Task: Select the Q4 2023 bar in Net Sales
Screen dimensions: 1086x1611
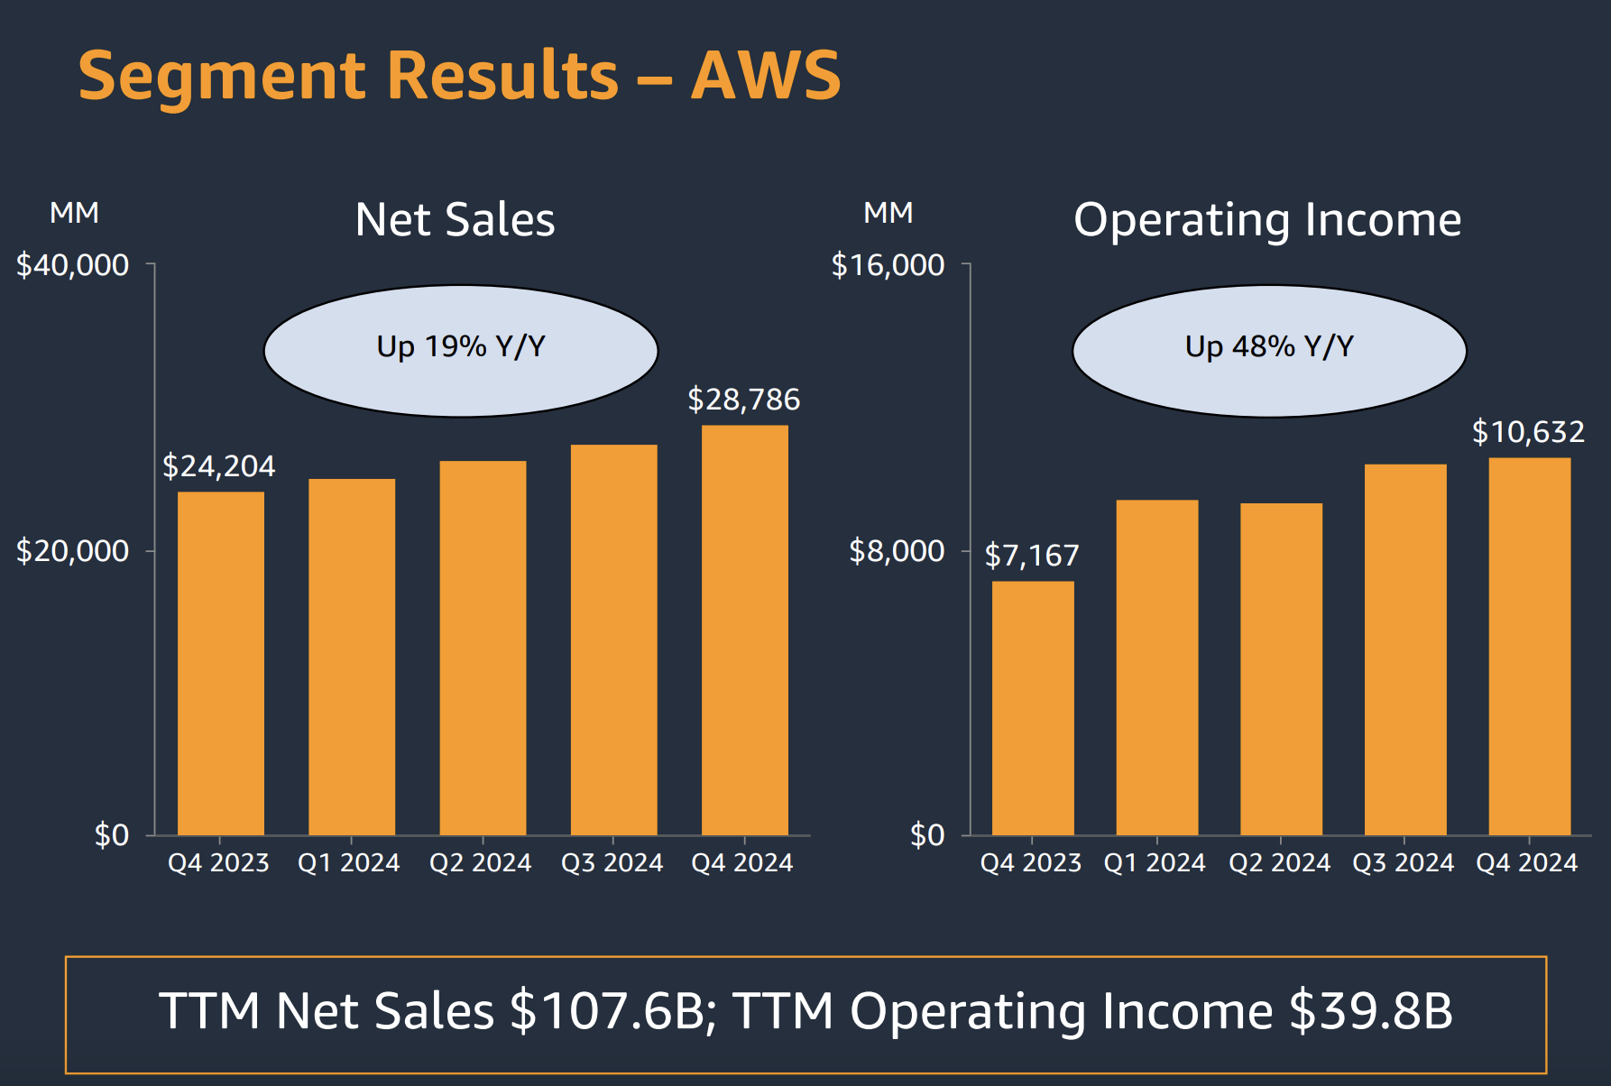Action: [220, 663]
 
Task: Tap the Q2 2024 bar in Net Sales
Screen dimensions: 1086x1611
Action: [483, 648]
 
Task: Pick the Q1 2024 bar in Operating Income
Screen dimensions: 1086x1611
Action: [1156, 667]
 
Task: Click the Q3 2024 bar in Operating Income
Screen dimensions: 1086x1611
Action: [1404, 649]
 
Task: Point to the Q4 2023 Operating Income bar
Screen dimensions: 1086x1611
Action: [1033, 708]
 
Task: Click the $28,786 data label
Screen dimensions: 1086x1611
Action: [743, 400]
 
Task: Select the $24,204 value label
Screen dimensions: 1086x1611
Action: [218, 466]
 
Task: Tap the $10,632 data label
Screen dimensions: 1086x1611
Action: [1527, 432]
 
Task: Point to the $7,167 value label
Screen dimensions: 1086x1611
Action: [1031, 556]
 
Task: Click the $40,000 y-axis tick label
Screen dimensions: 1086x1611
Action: [72, 265]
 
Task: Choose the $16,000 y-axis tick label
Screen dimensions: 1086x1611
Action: [887, 265]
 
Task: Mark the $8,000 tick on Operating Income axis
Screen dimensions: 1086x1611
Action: [896, 550]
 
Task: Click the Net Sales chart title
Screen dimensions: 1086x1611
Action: [455, 220]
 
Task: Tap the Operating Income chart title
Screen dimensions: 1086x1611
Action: [1266, 220]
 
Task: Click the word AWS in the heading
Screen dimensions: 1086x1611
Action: [765, 76]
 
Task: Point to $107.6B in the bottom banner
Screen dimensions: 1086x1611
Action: [606, 1011]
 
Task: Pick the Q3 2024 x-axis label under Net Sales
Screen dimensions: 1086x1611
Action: [612, 863]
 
